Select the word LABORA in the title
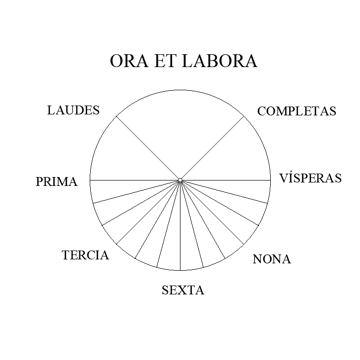(220, 61)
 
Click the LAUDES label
(73, 110)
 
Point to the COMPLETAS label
(296, 111)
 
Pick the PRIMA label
(56, 182)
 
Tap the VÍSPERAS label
(310, 178)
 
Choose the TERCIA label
(85, 255)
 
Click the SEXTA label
(182, 290)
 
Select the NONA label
(271, 259)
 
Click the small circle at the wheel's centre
(180, 180)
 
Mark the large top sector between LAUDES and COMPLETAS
(180, 128)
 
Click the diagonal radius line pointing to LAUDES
(148, 148)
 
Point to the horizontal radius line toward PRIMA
(133, 180)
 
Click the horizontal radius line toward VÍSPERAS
(227, 180)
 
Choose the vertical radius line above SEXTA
(180, 227)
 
